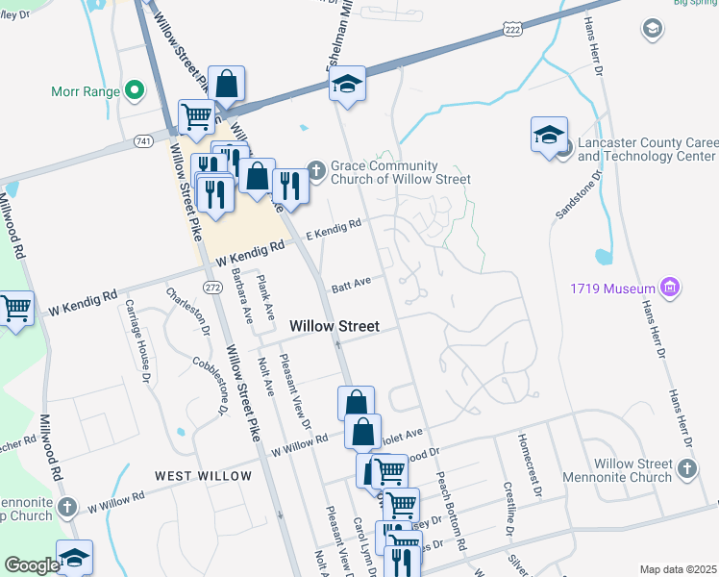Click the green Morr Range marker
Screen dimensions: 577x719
pos(135,92)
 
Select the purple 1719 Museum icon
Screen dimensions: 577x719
pos(671,288)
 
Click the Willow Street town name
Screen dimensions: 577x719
pos(335,327)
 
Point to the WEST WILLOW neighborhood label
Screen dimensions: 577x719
pos(203,476)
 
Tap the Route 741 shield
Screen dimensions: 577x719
pos(144,141)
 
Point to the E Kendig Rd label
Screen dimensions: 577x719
pos(334,230)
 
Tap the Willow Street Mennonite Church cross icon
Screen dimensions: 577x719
pos(686,468)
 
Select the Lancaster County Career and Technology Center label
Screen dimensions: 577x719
pos(646,149)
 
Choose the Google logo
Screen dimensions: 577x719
pos(32,565)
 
